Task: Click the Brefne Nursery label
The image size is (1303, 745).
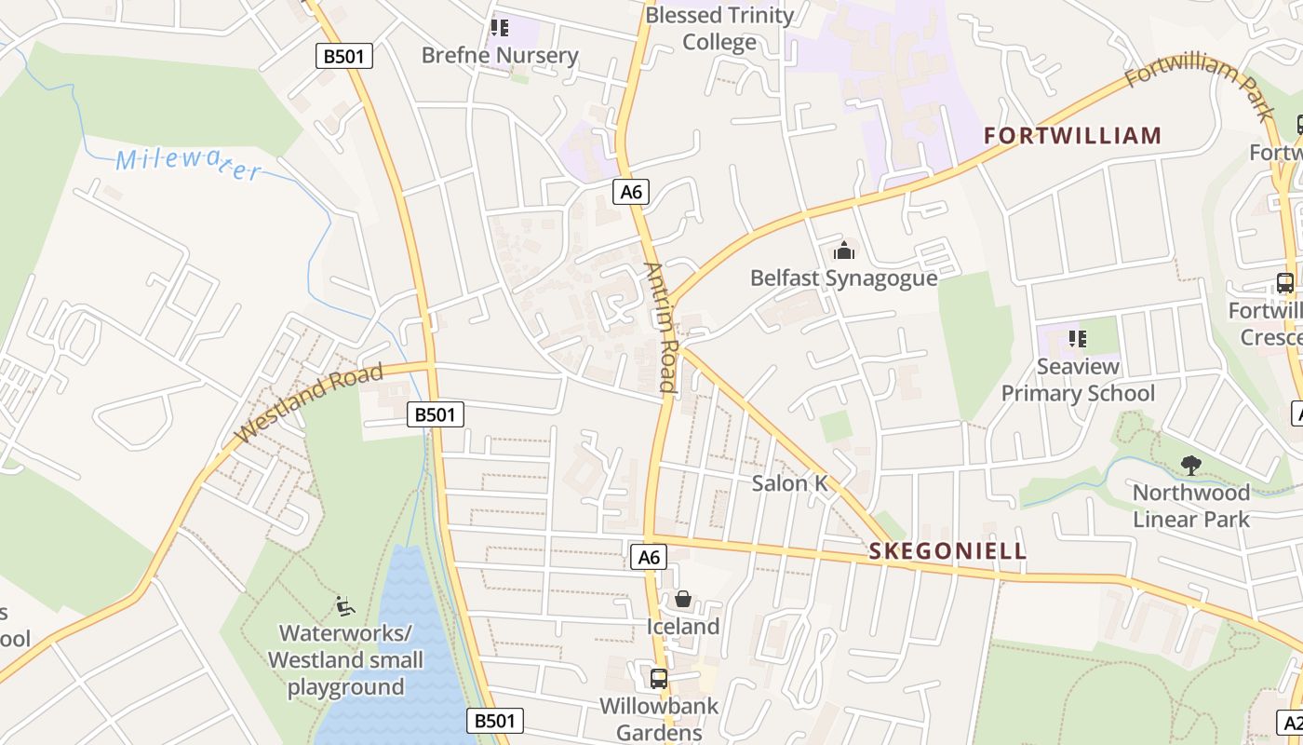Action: [x=500, y=55]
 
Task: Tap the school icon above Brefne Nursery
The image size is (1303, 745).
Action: [x=500, y=28]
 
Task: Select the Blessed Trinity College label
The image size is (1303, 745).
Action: [x=719, y=29]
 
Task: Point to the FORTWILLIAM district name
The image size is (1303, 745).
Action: [x=1073, y=136]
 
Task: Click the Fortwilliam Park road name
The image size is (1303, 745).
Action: [x=1200, y=88]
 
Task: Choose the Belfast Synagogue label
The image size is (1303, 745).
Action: [x=843, y=278]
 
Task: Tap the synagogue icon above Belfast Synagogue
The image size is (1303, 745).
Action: [x=844, y=251]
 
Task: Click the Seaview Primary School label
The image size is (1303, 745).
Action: [x=1078, y=380]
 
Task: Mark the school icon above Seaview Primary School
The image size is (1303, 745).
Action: [x=1078, y=339]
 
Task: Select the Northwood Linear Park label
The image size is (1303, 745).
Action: [x=1191, y=506]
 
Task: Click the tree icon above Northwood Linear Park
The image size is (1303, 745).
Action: [x=1190, y=465]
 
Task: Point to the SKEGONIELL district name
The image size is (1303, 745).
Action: [x=947, y=550]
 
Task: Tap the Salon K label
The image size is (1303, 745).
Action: [x=789, y=482]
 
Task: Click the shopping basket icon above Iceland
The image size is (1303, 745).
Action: [x=683, y=599]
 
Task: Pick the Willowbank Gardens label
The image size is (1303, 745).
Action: [x=659, y=719]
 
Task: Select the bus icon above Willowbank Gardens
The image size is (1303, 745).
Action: [x=659, y=678]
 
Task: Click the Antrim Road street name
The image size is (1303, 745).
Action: [x=660, y=327]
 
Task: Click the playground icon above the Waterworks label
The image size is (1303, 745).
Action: [x=345, y=606]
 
